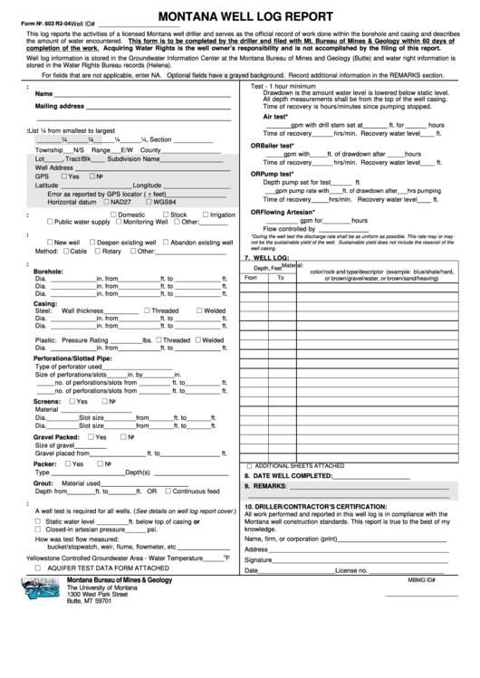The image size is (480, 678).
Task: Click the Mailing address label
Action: pos(59,106)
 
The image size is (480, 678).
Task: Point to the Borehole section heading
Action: pos(48,271)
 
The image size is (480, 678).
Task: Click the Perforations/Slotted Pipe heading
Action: pos(72,358)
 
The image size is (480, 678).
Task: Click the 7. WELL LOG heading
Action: pos(266,258)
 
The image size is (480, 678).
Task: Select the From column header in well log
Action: pos(251,278)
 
